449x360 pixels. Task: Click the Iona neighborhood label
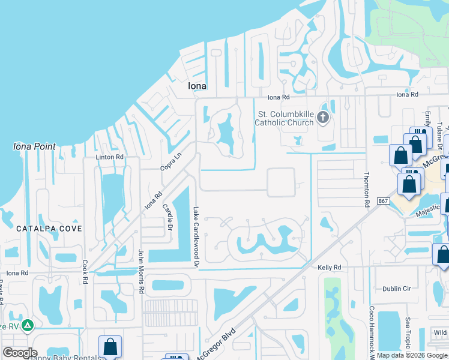pyautogui.click(x=197, y=86)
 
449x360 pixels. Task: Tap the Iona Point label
pyautogui.click(x=34, y=146)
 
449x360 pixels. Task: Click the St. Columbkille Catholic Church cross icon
pyautogui.click(x=324, y=117)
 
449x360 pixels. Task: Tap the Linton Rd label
pyautogui.click(x=110, y=157)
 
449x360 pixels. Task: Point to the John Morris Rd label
pyautogui.click(x=142, y=271)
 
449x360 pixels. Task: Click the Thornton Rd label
pyautogui.click(x=366, y=190)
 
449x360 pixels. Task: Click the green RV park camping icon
pyautogui.click(x=27, y=326)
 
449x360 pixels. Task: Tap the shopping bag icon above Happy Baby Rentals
pyautogui.click(x=110, y=346)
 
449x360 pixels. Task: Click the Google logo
pyautogui.click(x=20, y=353)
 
